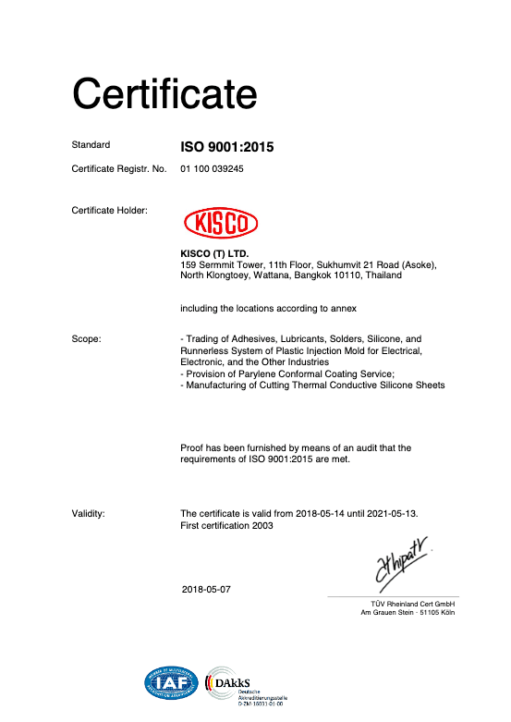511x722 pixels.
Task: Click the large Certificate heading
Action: (x=164, y=92)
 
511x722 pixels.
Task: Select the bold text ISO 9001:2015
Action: (x=227, y=146)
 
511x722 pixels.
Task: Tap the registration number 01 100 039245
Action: (x=212, y=169)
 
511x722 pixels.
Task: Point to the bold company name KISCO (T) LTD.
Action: (x=214, y=253)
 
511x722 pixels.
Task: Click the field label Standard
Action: (x=91, y=145)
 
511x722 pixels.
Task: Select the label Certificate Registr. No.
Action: (x=118, y=169)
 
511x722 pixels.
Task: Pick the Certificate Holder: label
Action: (x=108, y=210)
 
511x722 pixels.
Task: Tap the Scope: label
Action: (x=86, y=339)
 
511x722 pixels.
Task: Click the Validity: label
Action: (x=88, y=512)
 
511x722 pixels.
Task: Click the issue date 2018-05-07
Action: (x=208, y=589)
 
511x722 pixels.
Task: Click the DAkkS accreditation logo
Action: (x=245, y=685)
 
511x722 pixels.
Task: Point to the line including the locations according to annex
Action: (x=268, y=308)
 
